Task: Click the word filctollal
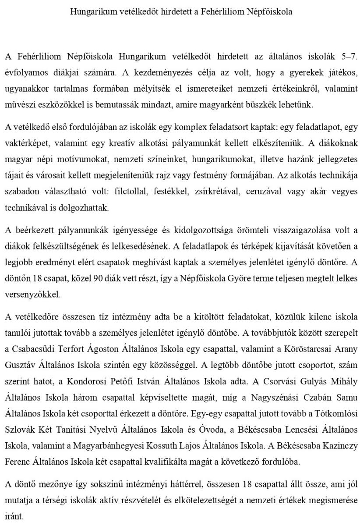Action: tap(131, 192)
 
